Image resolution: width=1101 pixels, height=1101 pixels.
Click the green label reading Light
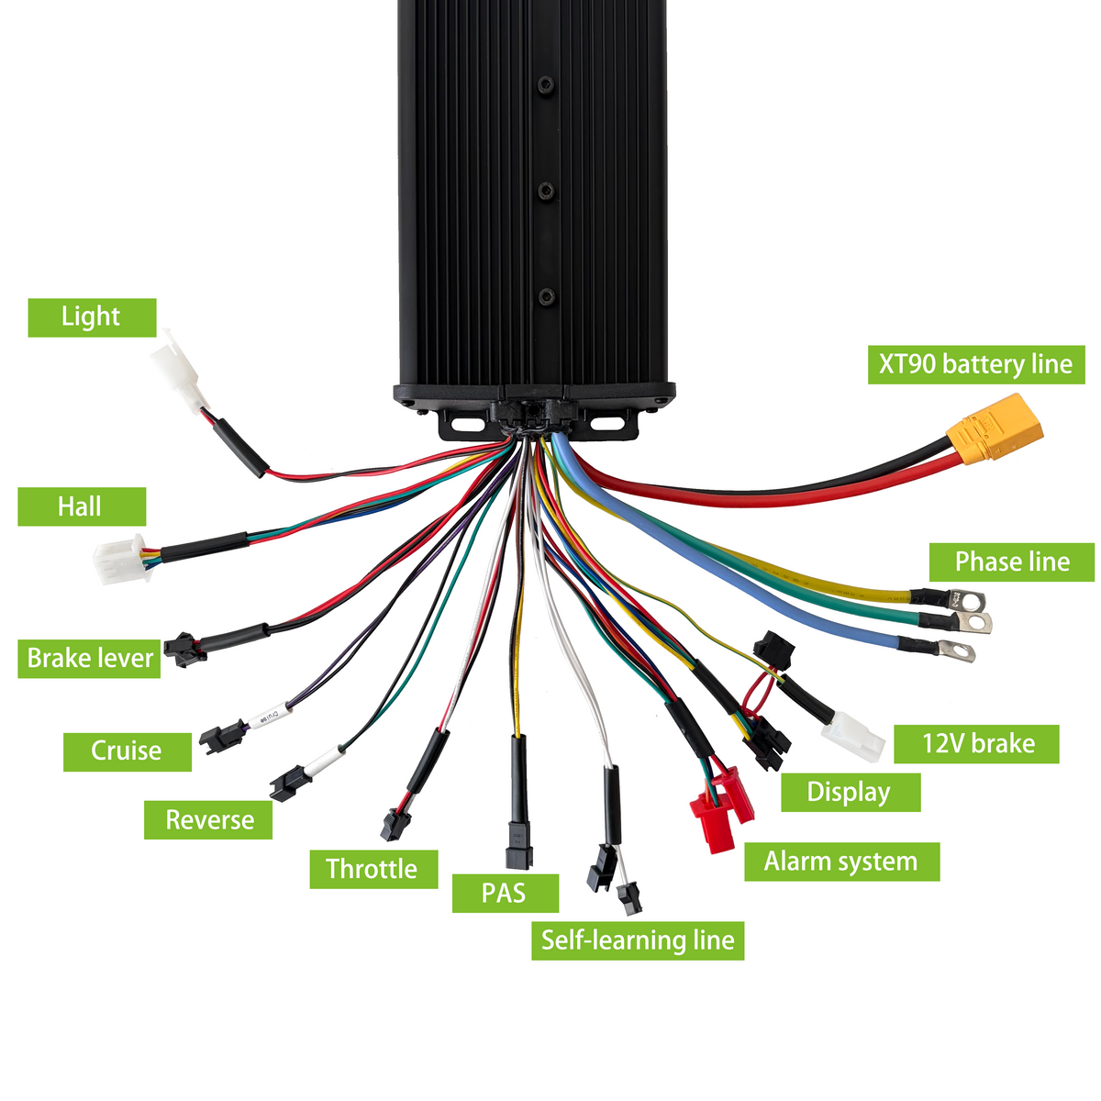92,317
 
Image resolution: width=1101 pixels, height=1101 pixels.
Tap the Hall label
82,506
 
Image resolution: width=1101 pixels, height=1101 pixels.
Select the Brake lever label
89,659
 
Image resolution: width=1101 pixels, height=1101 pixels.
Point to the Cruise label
128,752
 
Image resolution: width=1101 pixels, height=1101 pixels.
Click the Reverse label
208,820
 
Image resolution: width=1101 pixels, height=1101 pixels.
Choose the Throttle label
373,869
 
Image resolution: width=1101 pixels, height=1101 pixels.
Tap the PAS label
505,893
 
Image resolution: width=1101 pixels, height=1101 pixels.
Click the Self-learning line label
638,940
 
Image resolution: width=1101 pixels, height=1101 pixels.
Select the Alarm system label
841,862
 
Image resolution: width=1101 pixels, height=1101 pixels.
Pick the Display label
851,793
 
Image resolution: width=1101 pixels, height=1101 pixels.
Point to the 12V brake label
976,744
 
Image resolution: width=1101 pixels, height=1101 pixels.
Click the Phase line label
1012,562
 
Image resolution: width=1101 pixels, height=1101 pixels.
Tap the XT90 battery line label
976,364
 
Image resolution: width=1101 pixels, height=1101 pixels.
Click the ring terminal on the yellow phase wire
967,599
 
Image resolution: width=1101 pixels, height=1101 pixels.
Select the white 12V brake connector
853,737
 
